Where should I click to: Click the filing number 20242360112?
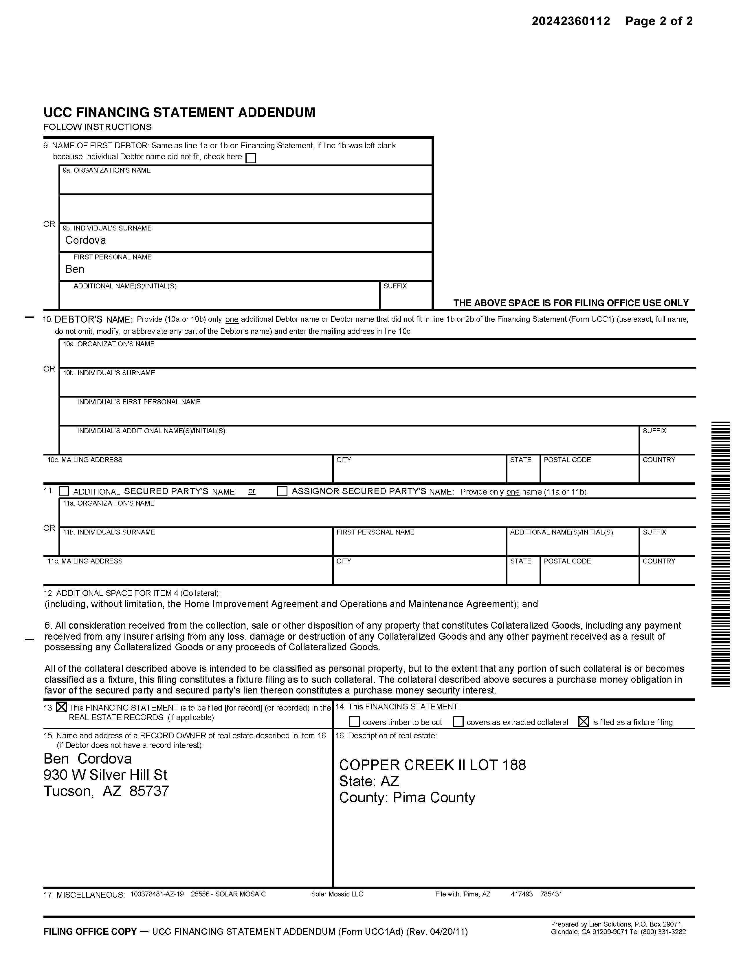point(571,21)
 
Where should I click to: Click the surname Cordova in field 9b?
point(86,240)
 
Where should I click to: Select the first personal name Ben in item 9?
point(75,269)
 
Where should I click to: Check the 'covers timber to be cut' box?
point(354,722)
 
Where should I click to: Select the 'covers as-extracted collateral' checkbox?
point(458,722)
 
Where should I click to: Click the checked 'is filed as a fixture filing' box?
point(584,722)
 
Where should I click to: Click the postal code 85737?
point(149,791)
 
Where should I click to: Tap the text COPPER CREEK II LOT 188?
point(432,765)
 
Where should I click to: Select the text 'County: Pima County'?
point(407,797)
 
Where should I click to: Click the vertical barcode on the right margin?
point(720,554)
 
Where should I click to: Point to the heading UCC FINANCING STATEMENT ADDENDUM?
point(179,112)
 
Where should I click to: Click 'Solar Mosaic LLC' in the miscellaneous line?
point(337,894)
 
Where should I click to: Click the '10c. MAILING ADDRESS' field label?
point(85,460)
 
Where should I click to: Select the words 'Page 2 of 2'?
point(659,21)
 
